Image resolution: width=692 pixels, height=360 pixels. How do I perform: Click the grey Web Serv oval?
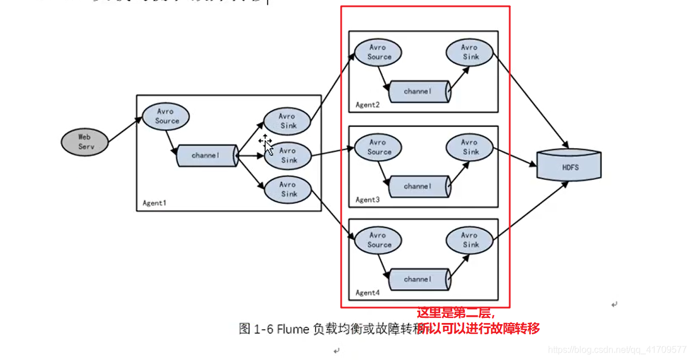[85, 141]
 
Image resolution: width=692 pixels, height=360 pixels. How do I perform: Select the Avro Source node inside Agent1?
[166, 116]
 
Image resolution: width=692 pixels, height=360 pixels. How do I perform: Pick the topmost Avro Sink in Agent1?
[288, 121]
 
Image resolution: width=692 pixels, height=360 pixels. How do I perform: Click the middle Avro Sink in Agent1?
[288, 156]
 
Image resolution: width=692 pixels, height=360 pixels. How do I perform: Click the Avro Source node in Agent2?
[378, 52]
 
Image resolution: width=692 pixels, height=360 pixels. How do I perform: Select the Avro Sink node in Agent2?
[470, 52]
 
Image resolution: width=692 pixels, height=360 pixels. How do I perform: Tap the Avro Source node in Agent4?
[378, 240]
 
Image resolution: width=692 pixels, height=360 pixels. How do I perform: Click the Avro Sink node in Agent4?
[470, 240]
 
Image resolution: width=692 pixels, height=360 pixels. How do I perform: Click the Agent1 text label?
[154, 203]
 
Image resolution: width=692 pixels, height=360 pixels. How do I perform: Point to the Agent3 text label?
[367, 200]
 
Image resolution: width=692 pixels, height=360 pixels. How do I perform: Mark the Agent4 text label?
[367, 293]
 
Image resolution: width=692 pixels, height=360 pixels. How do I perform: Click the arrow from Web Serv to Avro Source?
[124, 130]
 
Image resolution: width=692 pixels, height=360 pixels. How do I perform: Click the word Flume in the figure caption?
[294, 329]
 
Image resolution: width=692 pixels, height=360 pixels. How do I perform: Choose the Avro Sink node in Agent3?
[470, 147]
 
